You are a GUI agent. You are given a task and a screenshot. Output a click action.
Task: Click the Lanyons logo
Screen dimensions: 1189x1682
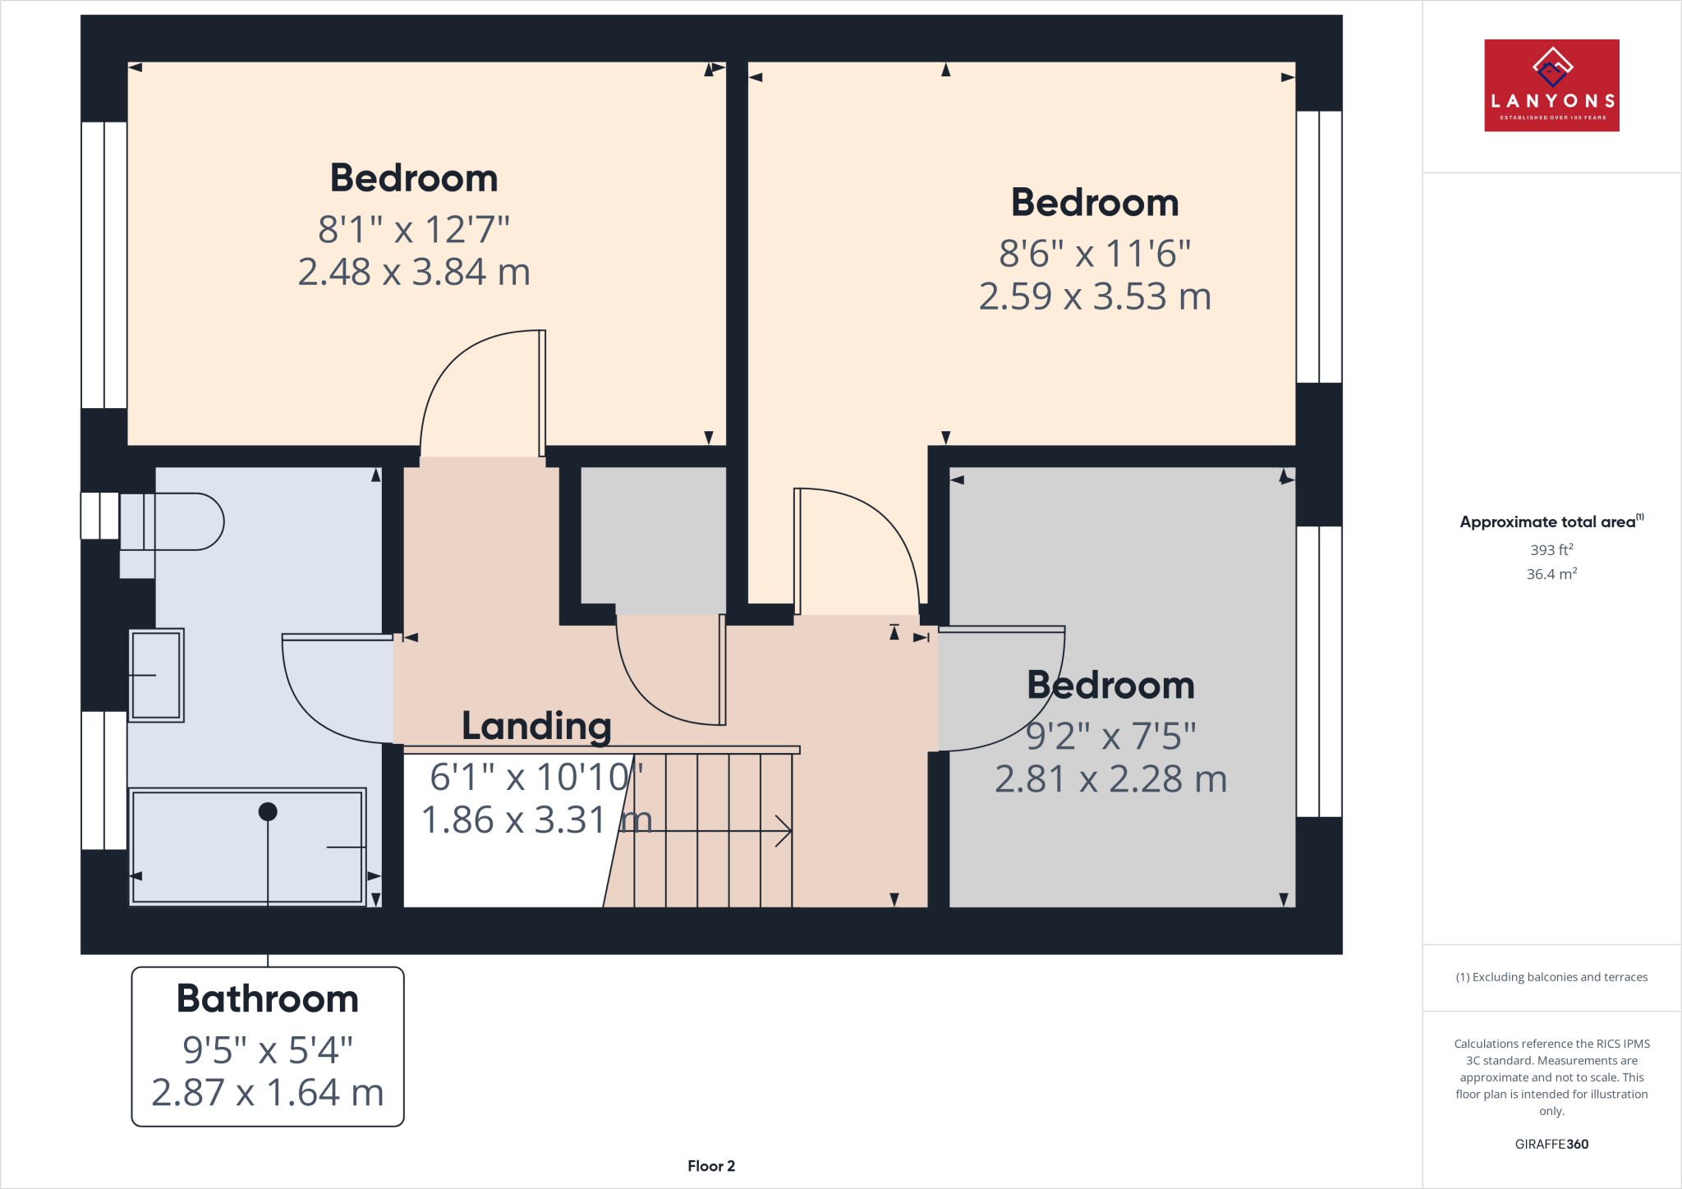point(1551,85)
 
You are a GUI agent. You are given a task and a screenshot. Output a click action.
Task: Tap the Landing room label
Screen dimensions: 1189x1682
point(536,726)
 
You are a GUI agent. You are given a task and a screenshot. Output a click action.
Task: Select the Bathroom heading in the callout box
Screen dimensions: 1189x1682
point(268,998)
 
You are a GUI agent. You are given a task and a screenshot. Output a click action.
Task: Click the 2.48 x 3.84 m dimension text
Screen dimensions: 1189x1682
point(414,272)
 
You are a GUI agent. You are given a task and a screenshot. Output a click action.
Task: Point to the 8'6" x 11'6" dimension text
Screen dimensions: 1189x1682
point(1095,254)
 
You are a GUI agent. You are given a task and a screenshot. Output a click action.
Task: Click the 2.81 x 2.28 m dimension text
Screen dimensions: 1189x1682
point(1110,779)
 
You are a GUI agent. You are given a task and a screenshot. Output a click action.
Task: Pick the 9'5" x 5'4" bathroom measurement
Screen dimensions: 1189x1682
point(268,1049)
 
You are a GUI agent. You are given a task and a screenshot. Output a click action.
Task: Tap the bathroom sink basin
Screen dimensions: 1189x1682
point(156,675)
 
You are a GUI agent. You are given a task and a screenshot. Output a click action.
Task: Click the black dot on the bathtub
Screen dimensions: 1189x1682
point(268,811)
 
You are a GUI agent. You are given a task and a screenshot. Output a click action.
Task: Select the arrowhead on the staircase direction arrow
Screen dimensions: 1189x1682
point(785,831)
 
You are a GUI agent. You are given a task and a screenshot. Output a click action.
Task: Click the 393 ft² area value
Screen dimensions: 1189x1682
point(1551,549)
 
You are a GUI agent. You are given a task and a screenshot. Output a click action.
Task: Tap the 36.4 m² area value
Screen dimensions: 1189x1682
point(1551,574)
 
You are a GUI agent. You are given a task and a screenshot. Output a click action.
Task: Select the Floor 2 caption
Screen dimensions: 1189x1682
point(711,1166)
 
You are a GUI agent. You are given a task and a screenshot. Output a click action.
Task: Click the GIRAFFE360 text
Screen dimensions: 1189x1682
point(1551,1144)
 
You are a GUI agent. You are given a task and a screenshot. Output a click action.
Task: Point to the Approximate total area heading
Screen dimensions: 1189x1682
point(1549,521)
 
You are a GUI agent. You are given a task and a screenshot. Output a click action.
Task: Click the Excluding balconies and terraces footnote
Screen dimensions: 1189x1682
point(1551,977)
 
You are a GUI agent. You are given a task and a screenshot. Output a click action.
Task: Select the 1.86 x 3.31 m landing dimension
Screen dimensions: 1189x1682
point(535,819)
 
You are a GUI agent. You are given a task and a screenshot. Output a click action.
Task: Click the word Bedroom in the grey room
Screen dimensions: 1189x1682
point(1110,685)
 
